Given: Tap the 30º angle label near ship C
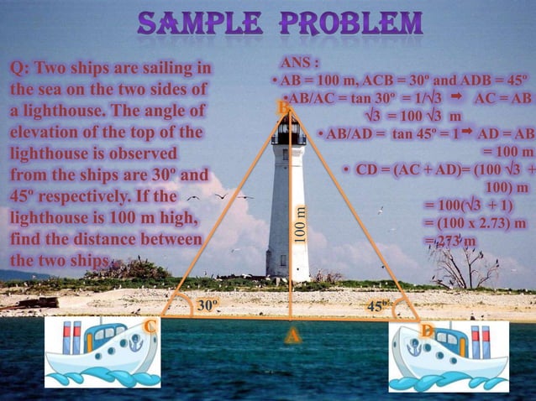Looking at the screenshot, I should [208, 305].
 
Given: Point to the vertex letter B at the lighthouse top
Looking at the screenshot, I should [283, 108].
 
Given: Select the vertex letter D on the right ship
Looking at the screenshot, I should [428, 333].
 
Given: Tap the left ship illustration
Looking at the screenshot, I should [101, 352].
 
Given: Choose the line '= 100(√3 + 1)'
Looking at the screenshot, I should [469, 205].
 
